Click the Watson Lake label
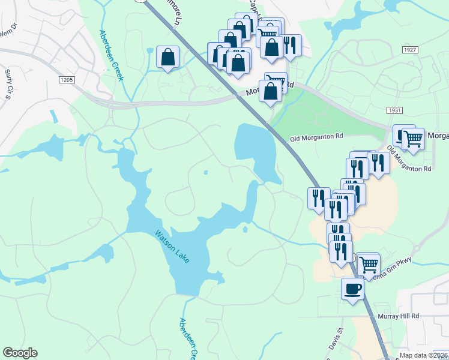tap(172, 246)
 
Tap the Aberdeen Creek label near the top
tap(111, 55)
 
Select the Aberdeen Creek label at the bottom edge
tap(187, 339)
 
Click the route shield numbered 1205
tap(67, 79)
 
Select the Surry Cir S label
tap(8, 83)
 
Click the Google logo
tap(20, 353)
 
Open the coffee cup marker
tap(352, 289)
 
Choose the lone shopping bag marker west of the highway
tap(167, 58)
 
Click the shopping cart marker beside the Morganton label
tap(412, 139)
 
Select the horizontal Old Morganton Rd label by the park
tap(316, 137)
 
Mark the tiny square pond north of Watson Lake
tap(206, 172)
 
